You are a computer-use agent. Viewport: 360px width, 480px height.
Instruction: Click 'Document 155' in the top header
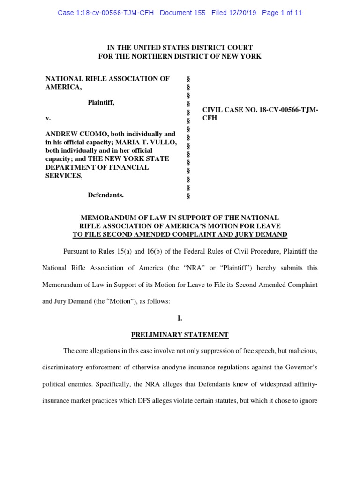[x=182, y=13]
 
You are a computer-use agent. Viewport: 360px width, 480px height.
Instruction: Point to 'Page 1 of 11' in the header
[x=282, y=13]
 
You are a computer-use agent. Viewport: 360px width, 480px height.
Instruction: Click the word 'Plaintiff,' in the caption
[x=101, y=103]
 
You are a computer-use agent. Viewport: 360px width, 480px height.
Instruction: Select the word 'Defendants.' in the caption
[x=105, y=195]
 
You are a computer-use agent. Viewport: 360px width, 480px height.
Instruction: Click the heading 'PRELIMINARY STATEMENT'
[x=180, y=335]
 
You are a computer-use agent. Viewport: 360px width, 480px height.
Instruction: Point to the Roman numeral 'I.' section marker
[x=180, y=318]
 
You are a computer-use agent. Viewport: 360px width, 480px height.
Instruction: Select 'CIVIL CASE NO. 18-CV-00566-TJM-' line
[x=260, y=110]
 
